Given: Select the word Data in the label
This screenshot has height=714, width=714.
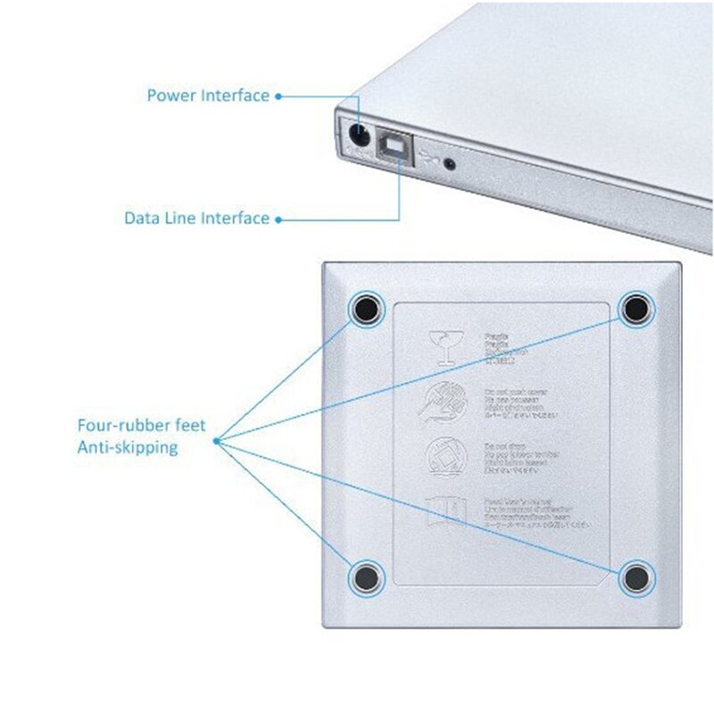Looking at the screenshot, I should (x=142, y=218).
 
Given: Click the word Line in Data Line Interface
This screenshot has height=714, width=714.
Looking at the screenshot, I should (x=181, y=218).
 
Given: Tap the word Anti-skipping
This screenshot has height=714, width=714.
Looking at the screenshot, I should (x=127, y=448).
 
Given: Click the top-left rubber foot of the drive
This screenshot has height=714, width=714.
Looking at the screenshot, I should (x=366, y=310).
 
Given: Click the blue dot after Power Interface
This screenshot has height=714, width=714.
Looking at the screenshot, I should (x=278, y=95).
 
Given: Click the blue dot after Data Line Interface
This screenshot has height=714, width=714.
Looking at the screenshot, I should (x=278, y=219).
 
